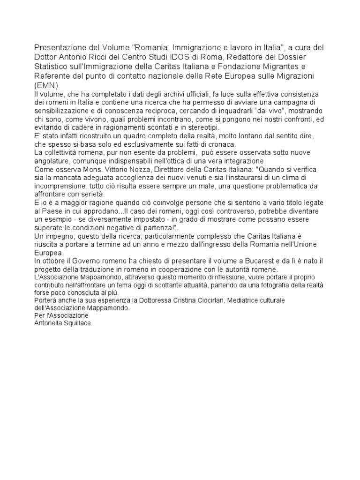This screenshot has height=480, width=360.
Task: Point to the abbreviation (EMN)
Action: [46, 85]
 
